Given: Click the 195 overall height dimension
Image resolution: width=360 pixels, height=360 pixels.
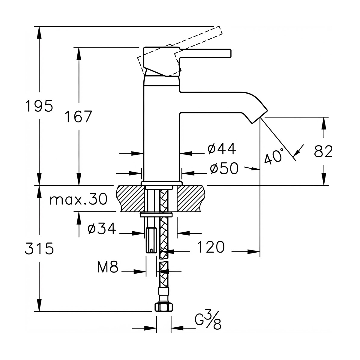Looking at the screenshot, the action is point(39,106).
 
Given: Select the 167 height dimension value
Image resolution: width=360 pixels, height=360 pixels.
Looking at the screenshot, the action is point(79,117).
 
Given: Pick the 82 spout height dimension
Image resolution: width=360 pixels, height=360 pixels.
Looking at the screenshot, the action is point(323,151).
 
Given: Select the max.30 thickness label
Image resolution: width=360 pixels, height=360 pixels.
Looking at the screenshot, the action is point(79,199).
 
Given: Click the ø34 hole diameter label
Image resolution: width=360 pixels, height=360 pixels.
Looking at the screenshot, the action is point(102,229).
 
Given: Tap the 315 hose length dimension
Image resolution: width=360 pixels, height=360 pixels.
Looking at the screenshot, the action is point(39,248).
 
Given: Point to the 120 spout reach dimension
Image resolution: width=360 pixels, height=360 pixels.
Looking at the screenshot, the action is point(211,247).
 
